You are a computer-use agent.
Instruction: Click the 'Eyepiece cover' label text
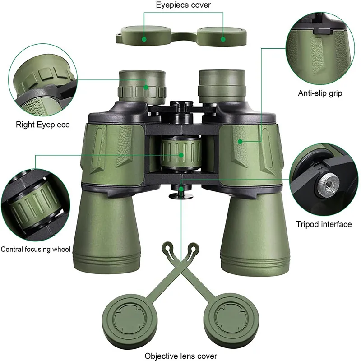tap(183, 5)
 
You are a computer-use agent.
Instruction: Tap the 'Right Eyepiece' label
tap(43, 125)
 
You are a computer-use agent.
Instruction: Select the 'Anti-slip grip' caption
tap(320, 93)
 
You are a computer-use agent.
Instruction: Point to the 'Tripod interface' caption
tap(324, 224)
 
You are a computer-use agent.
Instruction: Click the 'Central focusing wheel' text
tap(36, 249)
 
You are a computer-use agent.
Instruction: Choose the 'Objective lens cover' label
tap(181, 356)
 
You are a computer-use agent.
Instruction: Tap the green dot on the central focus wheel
tap(181, 155)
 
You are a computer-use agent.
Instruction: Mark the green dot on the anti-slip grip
tap(240, 142)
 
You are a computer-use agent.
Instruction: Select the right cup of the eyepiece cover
tap(222, 36)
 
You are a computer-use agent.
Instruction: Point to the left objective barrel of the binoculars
tap(107, 232)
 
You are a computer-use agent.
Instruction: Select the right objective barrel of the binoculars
tap(255, 232)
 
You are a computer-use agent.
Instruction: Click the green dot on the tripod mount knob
tap(181, 189)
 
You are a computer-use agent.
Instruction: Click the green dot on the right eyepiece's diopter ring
tap(146, 88)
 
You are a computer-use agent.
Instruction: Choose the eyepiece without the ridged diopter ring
tap(222, 86)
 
